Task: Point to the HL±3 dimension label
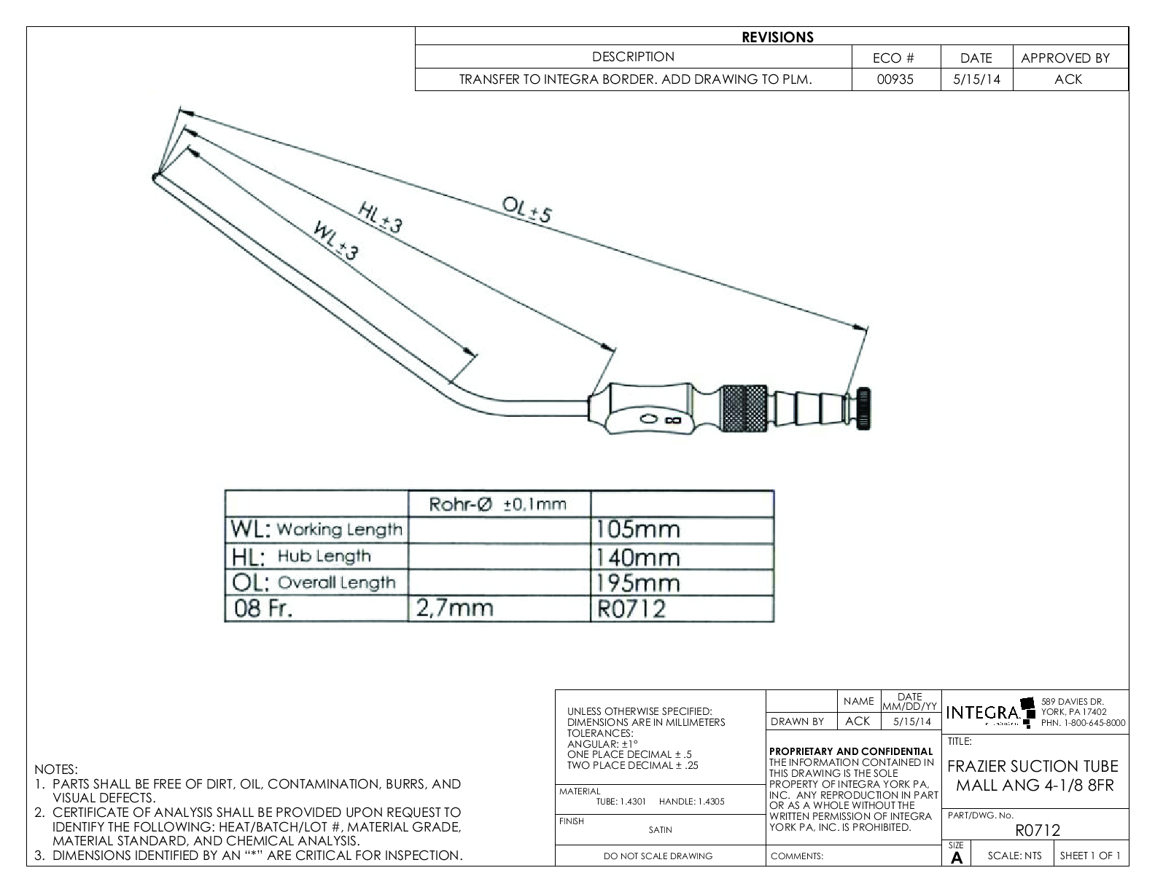coord(380,217)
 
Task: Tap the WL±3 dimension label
coord(336,241)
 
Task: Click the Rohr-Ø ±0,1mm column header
coord(498,504)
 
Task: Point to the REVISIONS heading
coord(777,37)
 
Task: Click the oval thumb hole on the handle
coord(648,419)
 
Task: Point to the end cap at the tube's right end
coord(866,409)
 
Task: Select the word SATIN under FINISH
coord(660,829)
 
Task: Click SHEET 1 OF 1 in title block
coord(1090,856)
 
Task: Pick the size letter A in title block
coord(957,858)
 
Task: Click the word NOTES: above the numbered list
coord(55,770)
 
